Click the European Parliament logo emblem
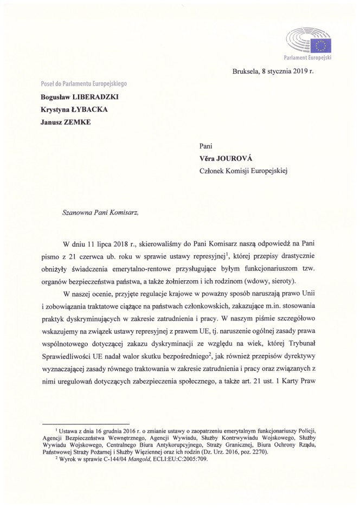point(308,41)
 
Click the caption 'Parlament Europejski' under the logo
point(308,57)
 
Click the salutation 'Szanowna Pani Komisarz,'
point(93,212)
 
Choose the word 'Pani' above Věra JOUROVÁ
point(207,145)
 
